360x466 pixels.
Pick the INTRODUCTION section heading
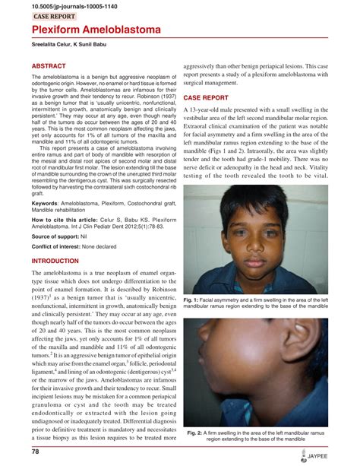coord(60,260)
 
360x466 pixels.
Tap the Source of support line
coord(61,237)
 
